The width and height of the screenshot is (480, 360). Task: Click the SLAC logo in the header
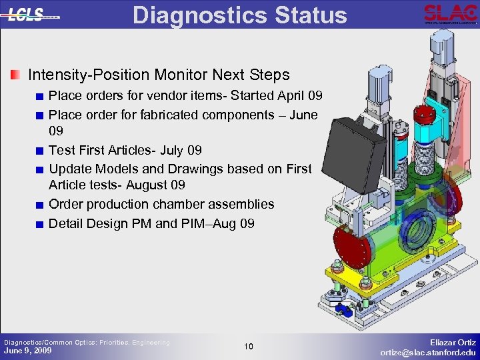click(450, 14)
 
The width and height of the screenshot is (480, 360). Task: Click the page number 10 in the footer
click(247, 347)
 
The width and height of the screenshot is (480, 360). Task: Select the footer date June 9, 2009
click(28, 351)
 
